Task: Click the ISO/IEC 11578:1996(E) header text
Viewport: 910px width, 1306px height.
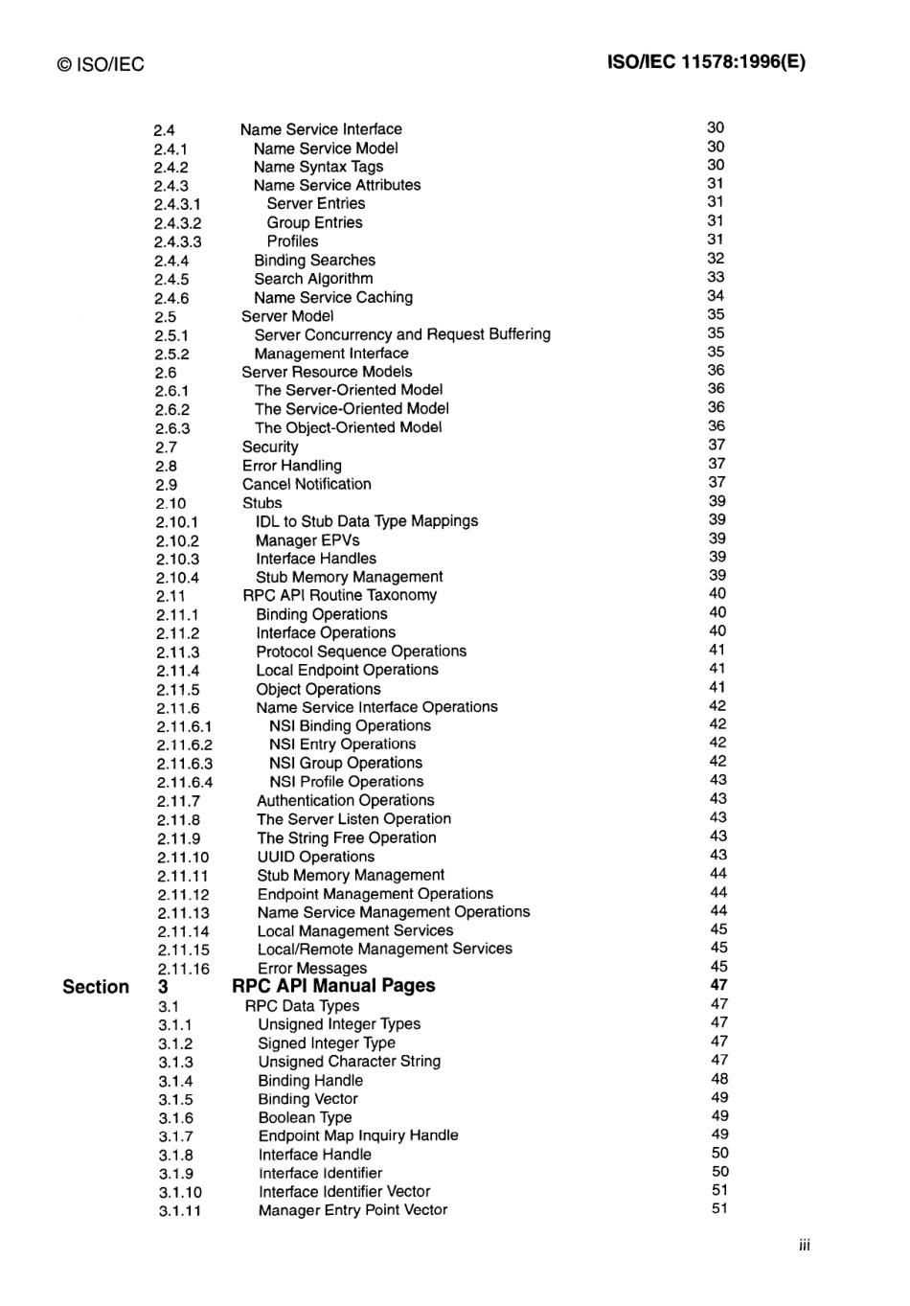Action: click(x=706, y=62)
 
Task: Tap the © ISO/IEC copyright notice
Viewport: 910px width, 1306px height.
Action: click(x=101, y=64)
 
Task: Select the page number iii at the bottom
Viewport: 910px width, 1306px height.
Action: click(x=804, y=1245)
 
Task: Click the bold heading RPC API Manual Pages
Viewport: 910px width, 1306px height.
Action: click(x=333, y=986)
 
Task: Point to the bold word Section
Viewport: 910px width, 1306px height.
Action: click(x=96, y=987)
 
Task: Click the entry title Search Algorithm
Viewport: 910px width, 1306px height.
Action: click(x=313, y=279)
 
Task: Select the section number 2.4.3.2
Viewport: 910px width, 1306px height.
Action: click(x=177, y=223)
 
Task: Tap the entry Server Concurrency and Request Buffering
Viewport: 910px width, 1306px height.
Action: click(x=402, y=334)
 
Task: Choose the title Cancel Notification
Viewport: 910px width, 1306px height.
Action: click(x=307, y=484)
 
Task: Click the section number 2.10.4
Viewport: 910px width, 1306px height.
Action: click(x=178, y=578)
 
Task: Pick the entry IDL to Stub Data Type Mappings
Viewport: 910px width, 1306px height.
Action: click(x=367, y=521)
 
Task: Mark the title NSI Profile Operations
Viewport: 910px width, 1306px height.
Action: click(x=346, y=782)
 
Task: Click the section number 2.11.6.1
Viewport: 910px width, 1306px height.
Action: click(x=184, y=726)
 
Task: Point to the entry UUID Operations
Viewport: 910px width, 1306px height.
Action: click(x=315, y=857)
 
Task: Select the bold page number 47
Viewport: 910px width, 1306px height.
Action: click(x=718, y=984)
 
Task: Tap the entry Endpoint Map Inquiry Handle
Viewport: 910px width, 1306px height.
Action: click(x=358, y=1135)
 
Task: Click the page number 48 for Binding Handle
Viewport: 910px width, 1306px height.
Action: click(x=719, y=1079)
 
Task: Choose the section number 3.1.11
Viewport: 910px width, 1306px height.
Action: click(x=180, y=1211)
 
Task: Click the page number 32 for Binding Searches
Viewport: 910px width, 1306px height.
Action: click(x=716, y=259)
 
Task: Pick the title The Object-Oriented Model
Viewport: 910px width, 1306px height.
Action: click(x=348, y=427)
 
